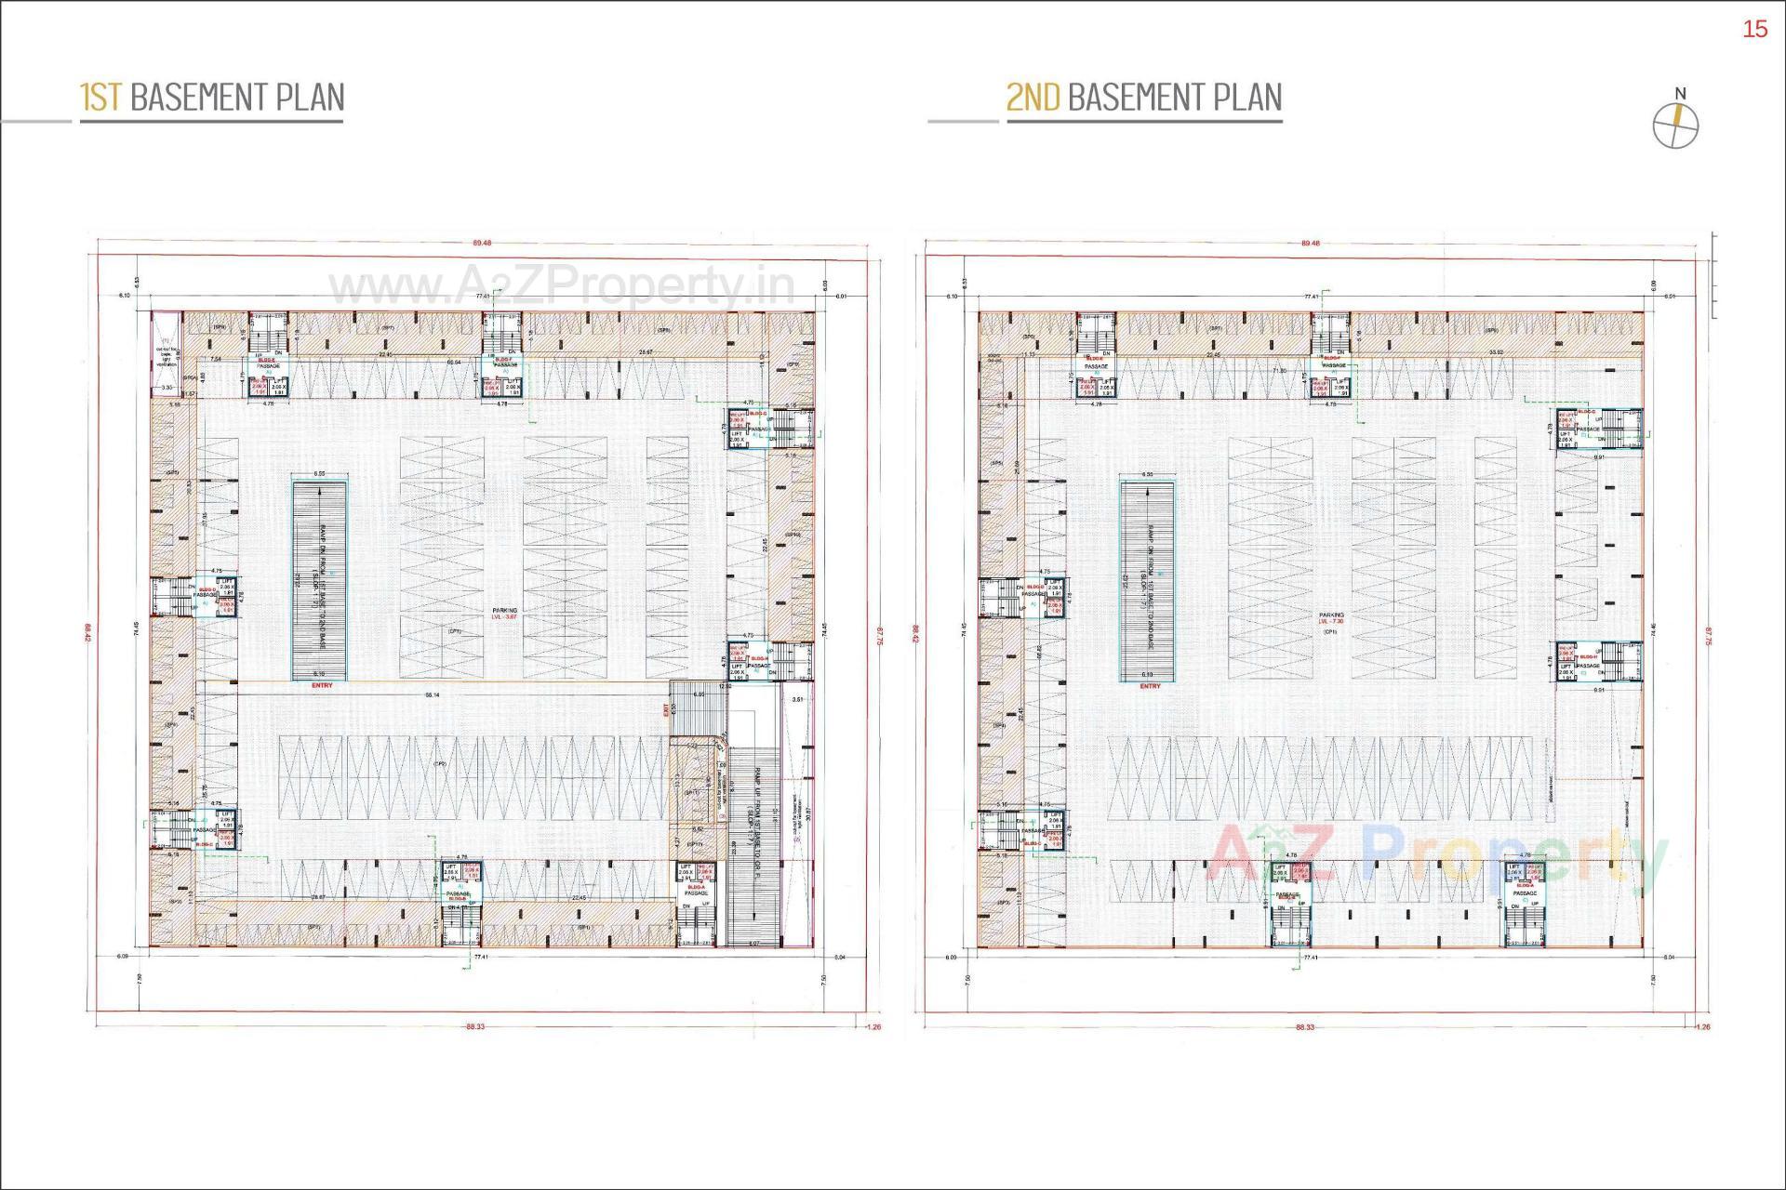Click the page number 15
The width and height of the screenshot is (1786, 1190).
pyautogui.click(x=1754, y=30)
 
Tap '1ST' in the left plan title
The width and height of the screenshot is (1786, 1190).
pyautogui.click(x=100, y=98)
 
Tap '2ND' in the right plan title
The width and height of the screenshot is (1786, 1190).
pyautogui.click(x=1033, y=98)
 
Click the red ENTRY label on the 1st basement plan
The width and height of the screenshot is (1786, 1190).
pyautogui.click(x=322, y=686)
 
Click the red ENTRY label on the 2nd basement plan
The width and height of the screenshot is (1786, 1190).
pyautogui.click(x=1150, y=686)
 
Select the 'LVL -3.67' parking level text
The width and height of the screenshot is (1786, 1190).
pyautogui.click(x=504, y=617)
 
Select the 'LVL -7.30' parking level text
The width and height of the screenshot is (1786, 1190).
pyautogui.click(x=1332, y=622)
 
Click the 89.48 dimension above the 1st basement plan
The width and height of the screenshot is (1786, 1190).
pyautogui.click(x=482, y=244)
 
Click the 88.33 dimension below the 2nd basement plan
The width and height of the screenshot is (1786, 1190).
pyautogui.click(x=1304, y=1027)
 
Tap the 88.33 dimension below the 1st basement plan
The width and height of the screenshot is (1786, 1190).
pyautogui.click(x=475, y=1027)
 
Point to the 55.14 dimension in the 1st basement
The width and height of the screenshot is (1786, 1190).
pyautogui.click(x=433, y=695)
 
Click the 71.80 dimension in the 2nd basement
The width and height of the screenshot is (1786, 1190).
pyautogui.click(x=1280, y=371)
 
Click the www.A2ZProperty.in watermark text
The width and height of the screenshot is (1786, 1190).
pyautogui.click(x=562, y=288)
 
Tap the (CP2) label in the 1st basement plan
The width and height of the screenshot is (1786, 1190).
pyautogui.click(x=440, y=763)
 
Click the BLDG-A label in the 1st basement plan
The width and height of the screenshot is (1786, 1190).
pyautogui.click(x=696, y=887)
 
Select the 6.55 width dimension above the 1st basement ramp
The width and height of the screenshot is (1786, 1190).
pyautogui.click(x=319, y=475)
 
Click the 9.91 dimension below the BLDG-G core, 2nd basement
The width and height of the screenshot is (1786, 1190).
pyautogui.click(x=1599, y=457)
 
